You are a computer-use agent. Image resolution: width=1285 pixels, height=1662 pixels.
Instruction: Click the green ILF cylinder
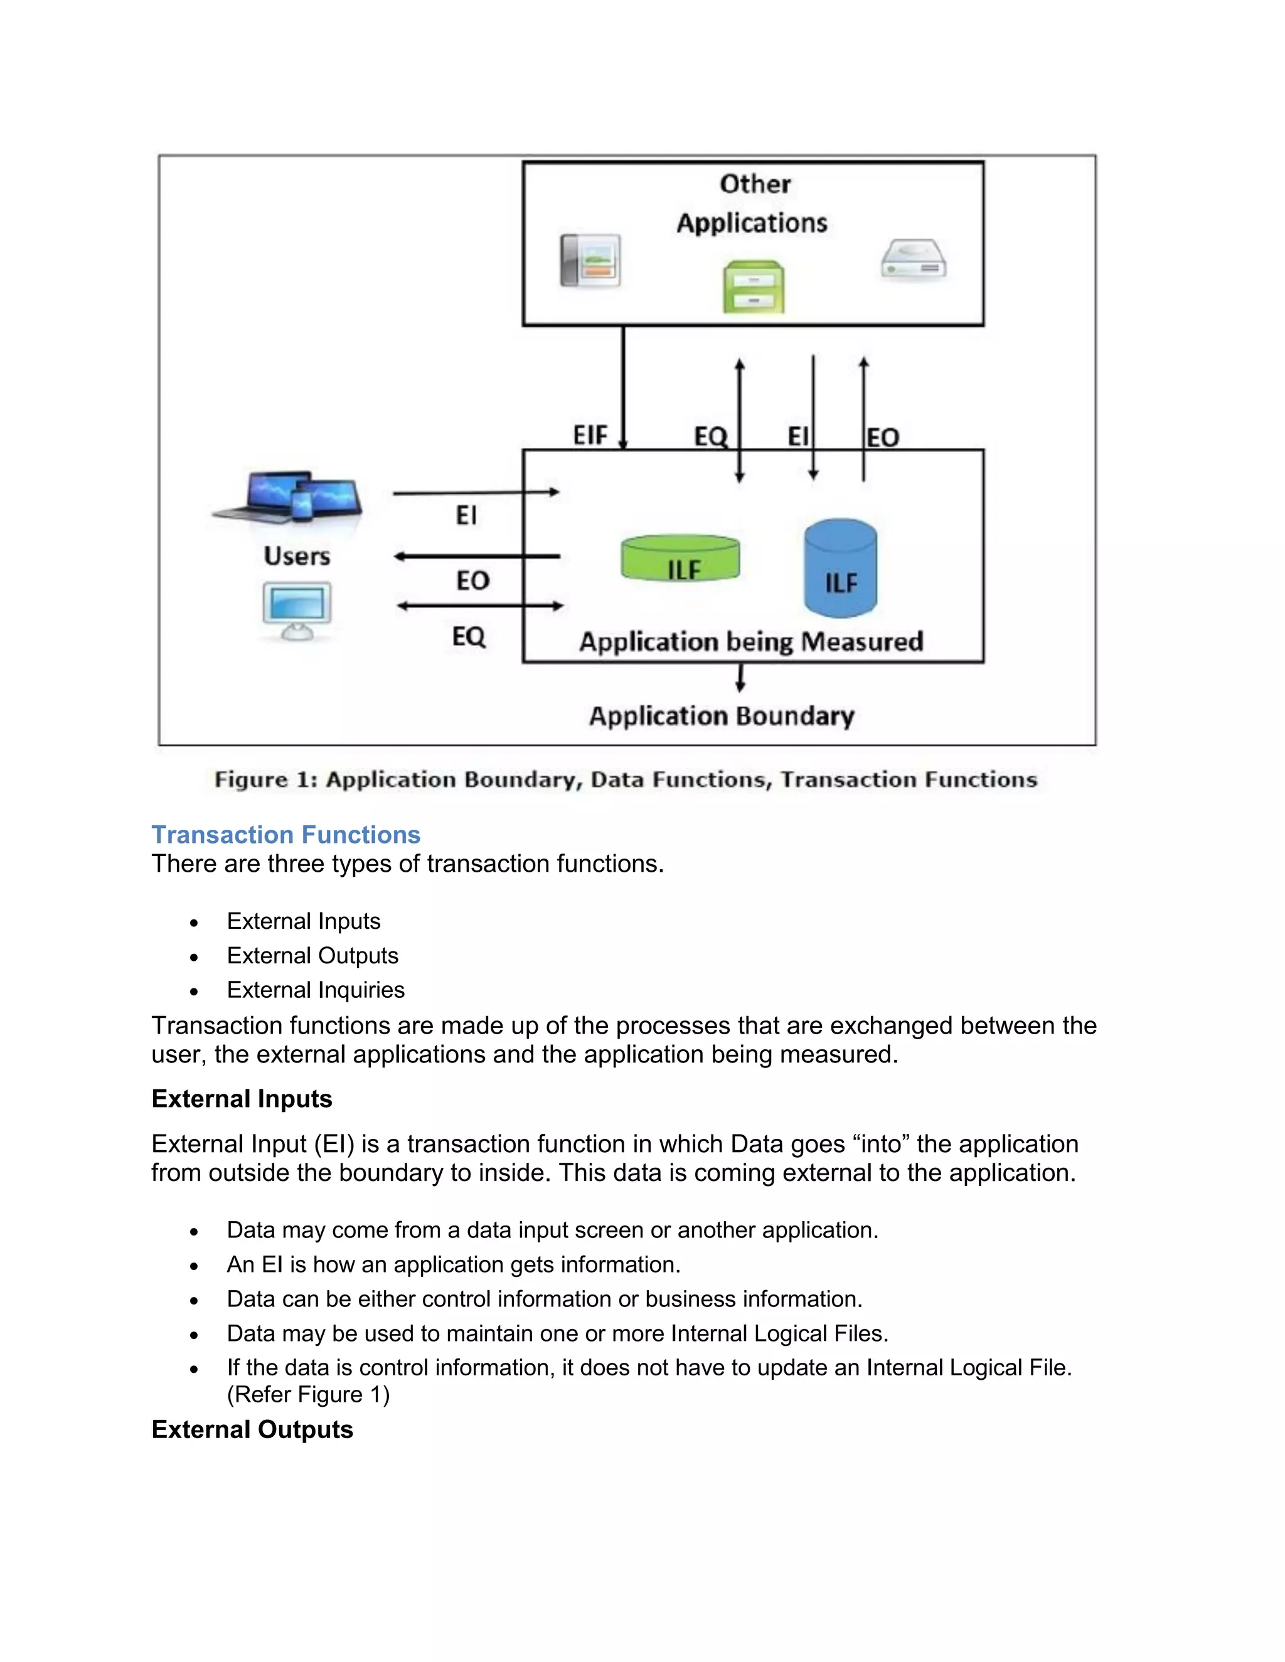coord(680,558)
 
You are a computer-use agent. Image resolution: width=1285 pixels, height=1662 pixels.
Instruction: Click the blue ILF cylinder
coord(840,568)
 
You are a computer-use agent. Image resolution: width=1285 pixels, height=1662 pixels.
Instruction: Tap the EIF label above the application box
coord(590,435)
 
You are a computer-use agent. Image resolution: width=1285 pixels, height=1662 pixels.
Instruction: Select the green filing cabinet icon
coord(753,286)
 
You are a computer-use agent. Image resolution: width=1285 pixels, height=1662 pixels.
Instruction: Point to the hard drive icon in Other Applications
coord(914,261)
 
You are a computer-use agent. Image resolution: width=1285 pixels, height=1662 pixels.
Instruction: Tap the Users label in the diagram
coord(297,556)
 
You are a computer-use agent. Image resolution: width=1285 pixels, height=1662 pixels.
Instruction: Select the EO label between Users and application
coord(472,581)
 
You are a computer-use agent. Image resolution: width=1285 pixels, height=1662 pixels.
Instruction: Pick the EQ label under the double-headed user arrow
coord(468,635)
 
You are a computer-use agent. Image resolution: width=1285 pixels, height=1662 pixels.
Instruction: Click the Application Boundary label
coord(721,716)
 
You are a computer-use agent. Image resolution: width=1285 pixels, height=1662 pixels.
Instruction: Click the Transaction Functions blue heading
coord(285,835)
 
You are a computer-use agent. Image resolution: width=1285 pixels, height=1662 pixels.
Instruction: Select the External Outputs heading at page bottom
coord(252,1429)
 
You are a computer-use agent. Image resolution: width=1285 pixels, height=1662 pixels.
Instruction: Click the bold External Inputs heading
coord(242,1098)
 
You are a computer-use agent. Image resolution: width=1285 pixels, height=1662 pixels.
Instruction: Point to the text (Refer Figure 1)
coord(307,1394)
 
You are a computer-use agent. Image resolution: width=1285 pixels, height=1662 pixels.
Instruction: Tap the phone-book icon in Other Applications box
coord(590,261)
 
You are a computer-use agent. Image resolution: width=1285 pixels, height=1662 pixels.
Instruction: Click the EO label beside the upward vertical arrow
coord(883,438)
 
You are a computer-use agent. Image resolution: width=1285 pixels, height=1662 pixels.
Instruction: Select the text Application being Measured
coord(750,642)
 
